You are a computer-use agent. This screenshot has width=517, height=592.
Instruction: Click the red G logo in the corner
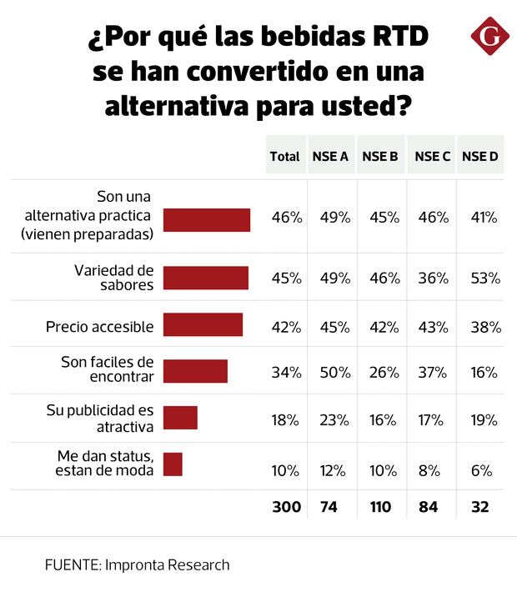point(488,38)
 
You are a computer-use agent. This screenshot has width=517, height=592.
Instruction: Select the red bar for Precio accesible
point(203,324)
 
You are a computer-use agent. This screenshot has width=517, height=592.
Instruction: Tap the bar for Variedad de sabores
point(206,278)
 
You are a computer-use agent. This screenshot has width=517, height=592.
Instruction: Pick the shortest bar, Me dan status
point(173,464)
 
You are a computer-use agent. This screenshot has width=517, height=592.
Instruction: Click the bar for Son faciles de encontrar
point(195,371)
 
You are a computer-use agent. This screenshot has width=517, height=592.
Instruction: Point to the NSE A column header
point(330,156)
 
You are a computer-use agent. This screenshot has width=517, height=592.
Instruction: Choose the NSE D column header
point(480,156)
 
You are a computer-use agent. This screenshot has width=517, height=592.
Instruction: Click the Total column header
point(285,156)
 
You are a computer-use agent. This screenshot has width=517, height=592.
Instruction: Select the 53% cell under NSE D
point(482,278)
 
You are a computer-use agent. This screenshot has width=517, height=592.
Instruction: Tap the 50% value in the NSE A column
point(334,372)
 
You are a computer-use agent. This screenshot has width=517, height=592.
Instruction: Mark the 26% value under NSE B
point(384,372)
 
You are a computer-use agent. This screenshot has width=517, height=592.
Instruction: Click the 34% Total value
point(285,372)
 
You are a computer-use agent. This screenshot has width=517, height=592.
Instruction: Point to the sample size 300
point(285,506)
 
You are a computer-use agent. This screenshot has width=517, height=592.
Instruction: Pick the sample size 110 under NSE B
point(382,506)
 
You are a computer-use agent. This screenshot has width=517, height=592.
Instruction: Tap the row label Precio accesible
point(99,326)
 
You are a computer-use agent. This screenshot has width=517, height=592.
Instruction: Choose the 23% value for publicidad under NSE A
point(334,419)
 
